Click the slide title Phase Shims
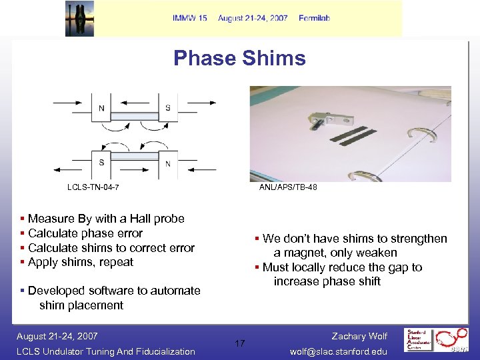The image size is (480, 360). (239, 58)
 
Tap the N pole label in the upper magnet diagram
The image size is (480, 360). (101, 108)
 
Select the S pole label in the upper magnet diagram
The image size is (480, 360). (167, 108)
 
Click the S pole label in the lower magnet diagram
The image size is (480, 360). (101, 162)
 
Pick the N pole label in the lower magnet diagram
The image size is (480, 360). (167, 163)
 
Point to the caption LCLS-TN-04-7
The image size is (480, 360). (93, 187)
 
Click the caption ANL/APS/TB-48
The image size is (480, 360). (288, 187)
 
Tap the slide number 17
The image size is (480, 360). (240, 343)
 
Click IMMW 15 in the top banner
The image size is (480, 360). (189, 18)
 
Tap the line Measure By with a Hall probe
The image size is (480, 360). (106, 219)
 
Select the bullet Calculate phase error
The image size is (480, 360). (85, 233)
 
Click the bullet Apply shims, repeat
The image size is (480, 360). (81, 262)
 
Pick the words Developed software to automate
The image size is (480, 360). (114, 291)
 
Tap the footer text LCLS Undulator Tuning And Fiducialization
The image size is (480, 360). (106, 351)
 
